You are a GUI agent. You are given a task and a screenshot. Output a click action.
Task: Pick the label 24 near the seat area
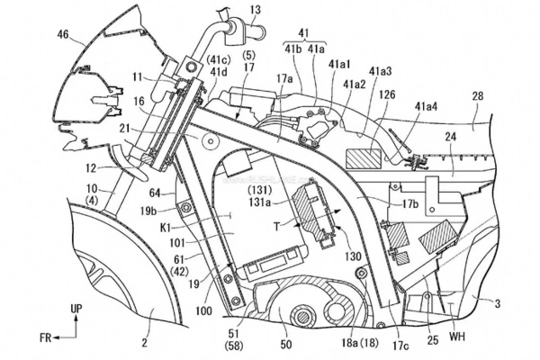(451, 138)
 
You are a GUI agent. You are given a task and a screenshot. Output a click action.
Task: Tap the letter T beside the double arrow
(275, 228)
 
